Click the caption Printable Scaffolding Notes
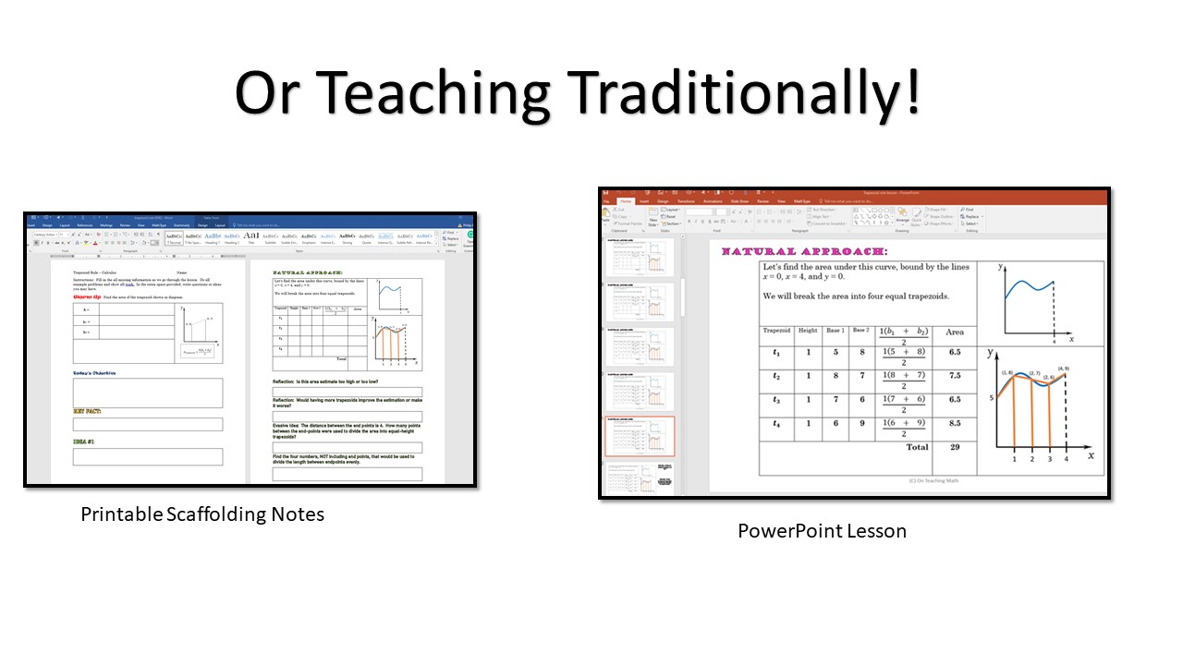click(202, 514)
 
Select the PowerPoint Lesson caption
click(822, 530)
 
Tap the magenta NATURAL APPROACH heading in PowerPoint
click(804, 251)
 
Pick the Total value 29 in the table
click(955, 447)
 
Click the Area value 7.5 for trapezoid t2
click(955, 376)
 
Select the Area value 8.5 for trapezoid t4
click(955, 423)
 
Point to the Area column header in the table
click(955, 332)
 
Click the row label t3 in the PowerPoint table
click(776, 400)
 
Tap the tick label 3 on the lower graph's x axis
click(1050, 458)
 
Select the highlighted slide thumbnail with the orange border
click(640, 436)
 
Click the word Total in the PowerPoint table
click(917, 447)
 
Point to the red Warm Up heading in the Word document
click(87, 297)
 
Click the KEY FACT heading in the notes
click(87, 411)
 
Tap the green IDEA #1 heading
click(84, 441)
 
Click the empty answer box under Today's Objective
click(148, 393)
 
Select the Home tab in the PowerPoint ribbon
click(626, 200)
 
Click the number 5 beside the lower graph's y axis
click(990, 398)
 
